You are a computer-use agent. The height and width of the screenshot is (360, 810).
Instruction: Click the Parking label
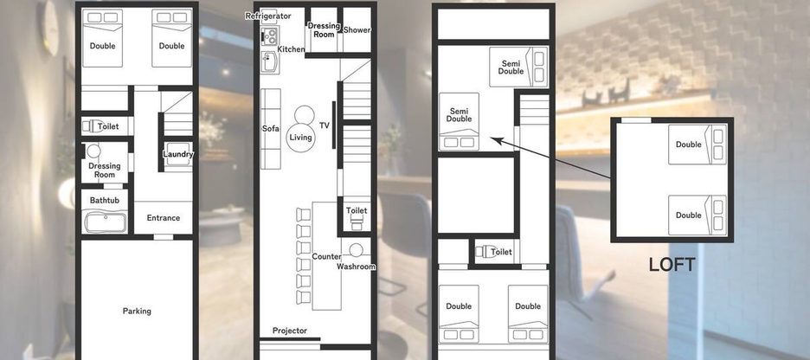137,312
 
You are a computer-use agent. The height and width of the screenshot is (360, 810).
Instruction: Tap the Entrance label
163,218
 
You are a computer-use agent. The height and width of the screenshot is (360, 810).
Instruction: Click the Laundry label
178,155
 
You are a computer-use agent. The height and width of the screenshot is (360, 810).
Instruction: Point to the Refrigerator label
267,16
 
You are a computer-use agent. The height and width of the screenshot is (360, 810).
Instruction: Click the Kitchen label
291,49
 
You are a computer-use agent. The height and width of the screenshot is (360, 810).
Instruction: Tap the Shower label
357,30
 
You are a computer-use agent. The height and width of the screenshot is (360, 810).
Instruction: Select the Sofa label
270,128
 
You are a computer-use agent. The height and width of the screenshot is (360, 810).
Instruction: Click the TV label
324,126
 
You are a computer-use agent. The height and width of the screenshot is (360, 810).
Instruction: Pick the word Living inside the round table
300,138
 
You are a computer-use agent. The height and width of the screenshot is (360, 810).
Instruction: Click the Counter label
326,257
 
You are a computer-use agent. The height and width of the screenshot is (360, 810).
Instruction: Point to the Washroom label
356,267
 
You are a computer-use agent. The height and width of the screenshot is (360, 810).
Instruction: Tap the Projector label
290,331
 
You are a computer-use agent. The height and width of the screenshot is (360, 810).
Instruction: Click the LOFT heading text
672,265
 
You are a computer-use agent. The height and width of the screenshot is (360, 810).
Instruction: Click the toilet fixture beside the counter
356,222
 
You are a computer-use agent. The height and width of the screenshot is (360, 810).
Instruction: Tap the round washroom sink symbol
356,251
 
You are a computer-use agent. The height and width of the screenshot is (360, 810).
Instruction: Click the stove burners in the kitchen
268,36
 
